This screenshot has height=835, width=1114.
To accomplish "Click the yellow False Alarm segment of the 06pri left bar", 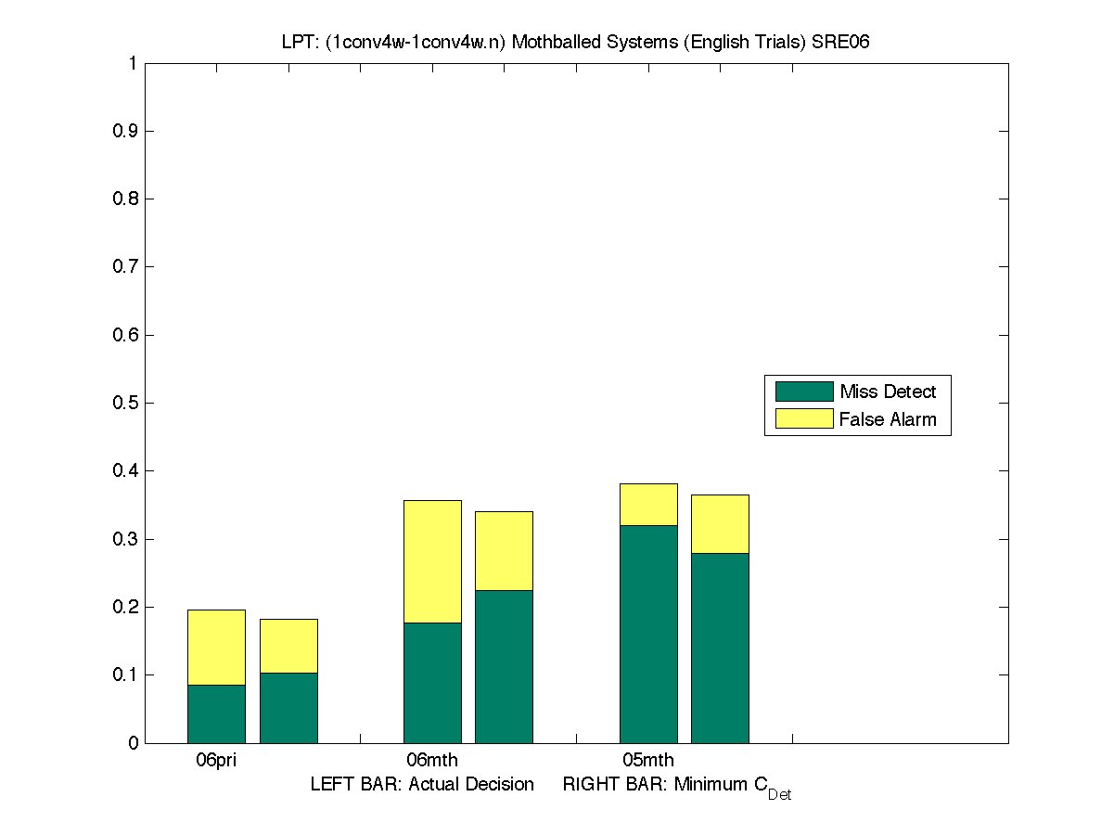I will pyautogui.click(x=216, y=647).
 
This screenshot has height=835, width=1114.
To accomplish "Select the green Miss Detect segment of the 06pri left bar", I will pyautogui.click(x=216, y=713).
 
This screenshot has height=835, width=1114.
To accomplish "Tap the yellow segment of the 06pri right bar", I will pyautogui.click(x=288, y=646).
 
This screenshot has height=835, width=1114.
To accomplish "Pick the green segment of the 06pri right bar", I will pyautogui.click(x=288, y=707).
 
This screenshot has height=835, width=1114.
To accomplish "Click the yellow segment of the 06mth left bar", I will pyautogui.click(x=432, y=561).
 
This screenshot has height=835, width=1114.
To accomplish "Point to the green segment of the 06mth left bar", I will pyautogui.click(x=432, y=682).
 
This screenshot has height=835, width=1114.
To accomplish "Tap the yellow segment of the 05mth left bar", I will pyautogui.click(x=648, y=504).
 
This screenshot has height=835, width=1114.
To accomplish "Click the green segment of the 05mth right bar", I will pyautogui.click(x=720, y=648).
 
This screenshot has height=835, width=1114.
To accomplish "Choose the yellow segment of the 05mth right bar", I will pyautogui.click(x=720, y=523).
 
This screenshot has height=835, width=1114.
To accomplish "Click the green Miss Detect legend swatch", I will pyautogui.click(x=803, y=392).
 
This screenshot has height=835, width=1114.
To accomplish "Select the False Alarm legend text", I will pyautogui.click(x=888, y=419).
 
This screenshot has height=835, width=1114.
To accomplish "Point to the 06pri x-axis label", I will pyautogui.click(x=216, y=761).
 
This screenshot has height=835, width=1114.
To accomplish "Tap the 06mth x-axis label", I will pyautogui.click(x=432, y=761).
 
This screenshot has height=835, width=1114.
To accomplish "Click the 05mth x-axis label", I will pyautogui.click(x=648, y=761).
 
